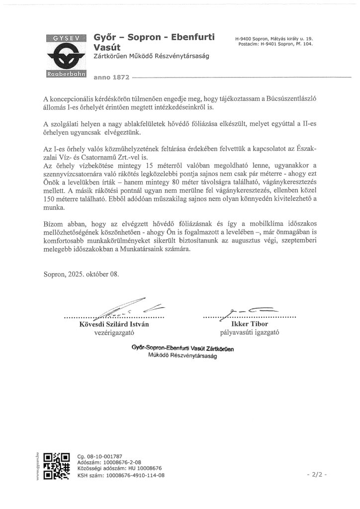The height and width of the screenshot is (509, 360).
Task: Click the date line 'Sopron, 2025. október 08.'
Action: pos(81,274)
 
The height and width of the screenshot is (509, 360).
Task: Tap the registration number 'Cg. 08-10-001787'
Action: pos(99,456)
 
